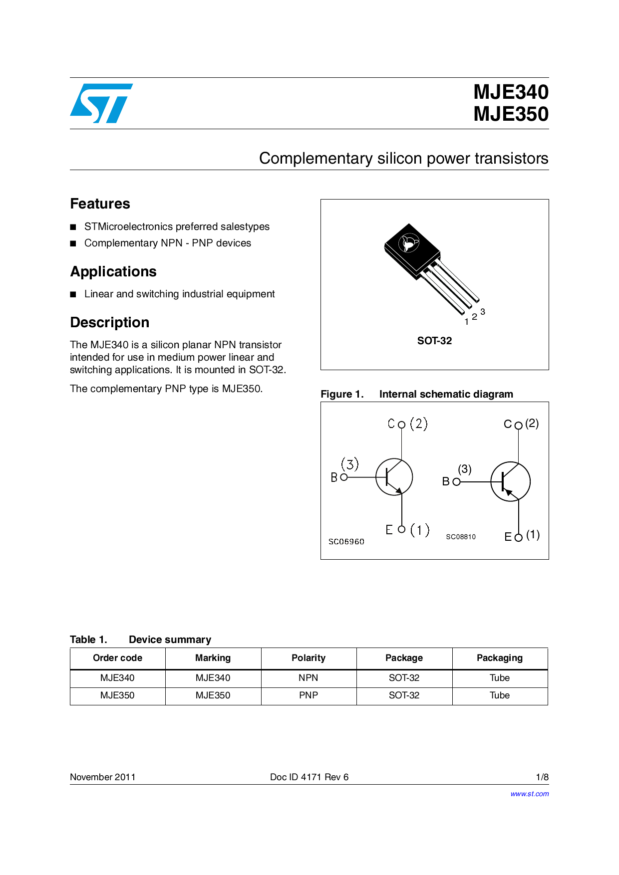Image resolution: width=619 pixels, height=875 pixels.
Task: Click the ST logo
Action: click(x=101, y=103)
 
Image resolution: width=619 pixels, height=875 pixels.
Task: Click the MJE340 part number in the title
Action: click(x=511, y=92)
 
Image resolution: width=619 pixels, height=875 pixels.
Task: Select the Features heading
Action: click(x=100, y=204)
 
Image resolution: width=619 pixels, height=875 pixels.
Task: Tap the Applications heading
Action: click(x=113, y=271)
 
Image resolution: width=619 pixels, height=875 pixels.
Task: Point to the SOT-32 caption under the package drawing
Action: click(x=434, y=341)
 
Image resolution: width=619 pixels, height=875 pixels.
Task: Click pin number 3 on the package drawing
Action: click(x=483, y=312)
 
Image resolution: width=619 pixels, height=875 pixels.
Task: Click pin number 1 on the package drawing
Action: click(x=466, y=322)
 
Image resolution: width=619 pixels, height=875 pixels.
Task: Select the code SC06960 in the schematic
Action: click(x=346, y=542)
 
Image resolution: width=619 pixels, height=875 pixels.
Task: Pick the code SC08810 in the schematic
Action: click(x=461, y=537)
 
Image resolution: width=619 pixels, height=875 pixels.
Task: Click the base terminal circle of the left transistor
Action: click(x=343, y=477)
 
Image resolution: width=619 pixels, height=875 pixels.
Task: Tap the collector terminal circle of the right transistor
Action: click(x=518, y=426)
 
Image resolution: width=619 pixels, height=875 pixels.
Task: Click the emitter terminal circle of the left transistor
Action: click(x=401, y=529)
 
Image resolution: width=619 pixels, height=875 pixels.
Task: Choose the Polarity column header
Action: click(x=309, y=658)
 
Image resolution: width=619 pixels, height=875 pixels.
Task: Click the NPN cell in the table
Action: click(x=309, y=678)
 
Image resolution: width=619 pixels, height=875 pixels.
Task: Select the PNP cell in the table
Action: click(x=309, y=695)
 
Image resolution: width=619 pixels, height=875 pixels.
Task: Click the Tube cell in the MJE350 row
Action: click(x=500, y=695)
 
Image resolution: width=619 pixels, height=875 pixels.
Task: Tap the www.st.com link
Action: click(x=529, y=794)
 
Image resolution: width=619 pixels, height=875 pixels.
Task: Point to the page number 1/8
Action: click(x=542, y=777)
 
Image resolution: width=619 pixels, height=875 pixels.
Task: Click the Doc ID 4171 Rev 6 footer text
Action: click(x=309, y=777)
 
